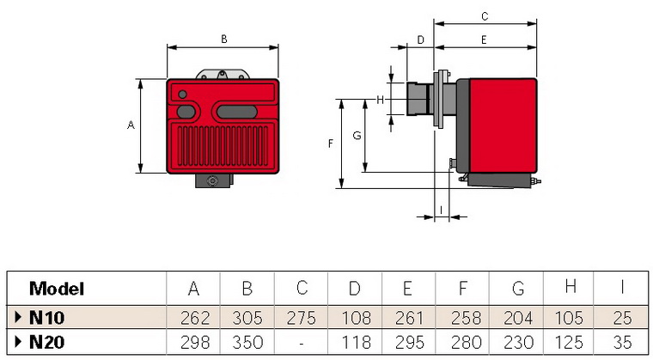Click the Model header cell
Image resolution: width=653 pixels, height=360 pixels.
[x=57, y=289]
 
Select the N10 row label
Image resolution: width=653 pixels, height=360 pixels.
[x=46, y=316]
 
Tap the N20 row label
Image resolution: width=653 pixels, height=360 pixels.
[x=47, y=342]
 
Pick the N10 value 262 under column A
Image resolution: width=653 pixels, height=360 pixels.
[x=193, y=316]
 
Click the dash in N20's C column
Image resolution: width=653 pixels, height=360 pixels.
[x=302, y=342]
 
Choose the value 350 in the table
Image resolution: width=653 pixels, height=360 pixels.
[x=247, y=342]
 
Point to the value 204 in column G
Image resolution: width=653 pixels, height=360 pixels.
[x=516, y=316]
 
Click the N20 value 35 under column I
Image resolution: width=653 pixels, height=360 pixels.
[x=624, y=342]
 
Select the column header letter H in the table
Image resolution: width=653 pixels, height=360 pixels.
[x=570, y=288]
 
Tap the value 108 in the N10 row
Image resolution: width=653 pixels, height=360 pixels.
[x=355, y=316]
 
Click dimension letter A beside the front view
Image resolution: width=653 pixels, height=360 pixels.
[x=131, y=125]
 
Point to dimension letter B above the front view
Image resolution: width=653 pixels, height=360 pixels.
[x=223, y=39]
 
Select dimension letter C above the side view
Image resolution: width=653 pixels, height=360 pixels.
[x=485, y=15]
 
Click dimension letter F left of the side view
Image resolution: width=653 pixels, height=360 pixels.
[x=330, y=143]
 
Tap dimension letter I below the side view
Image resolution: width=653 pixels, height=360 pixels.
[x=441, y=209]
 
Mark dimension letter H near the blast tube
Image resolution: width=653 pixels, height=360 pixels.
[x=379, y=100]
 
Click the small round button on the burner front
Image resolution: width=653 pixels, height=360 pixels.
[x=182, y=95]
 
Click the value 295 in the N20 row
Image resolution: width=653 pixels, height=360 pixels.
[x=409, y=342]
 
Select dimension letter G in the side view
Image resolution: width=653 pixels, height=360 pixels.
[x=357, y=137]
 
